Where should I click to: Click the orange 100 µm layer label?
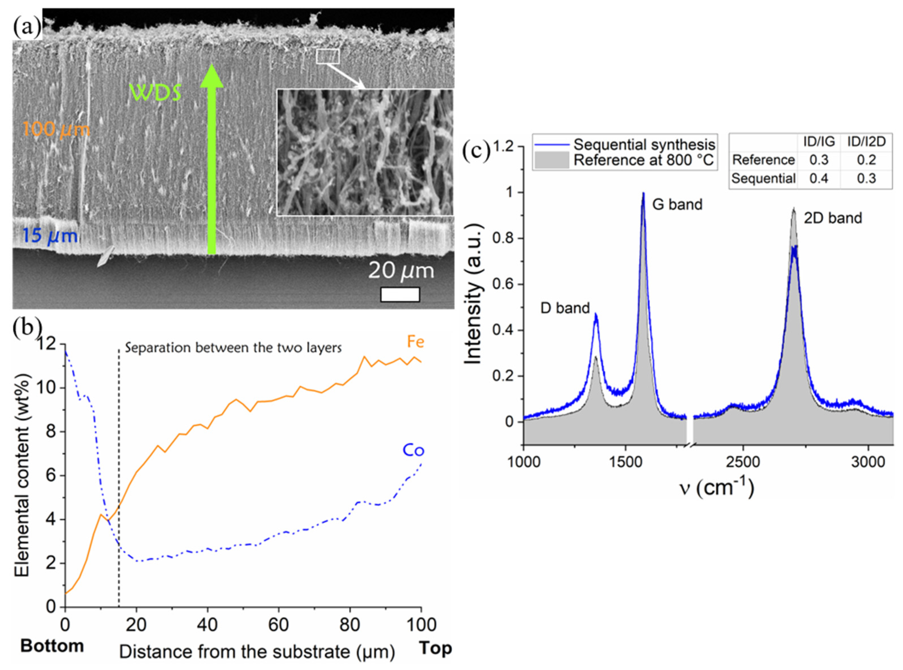coord(56,129)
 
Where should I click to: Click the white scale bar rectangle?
coord(399,294)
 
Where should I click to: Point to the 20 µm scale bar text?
coord(401,270)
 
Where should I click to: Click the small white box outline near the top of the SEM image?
coord(327,56)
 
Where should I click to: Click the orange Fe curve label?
coord(415,342)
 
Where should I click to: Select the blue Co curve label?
coord(413,450)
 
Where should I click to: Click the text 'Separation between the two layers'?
coord(233,348)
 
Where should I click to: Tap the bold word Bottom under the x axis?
coord(52,646)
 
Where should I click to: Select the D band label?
coord(565,308)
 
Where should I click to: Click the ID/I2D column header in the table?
coord(866,142)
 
